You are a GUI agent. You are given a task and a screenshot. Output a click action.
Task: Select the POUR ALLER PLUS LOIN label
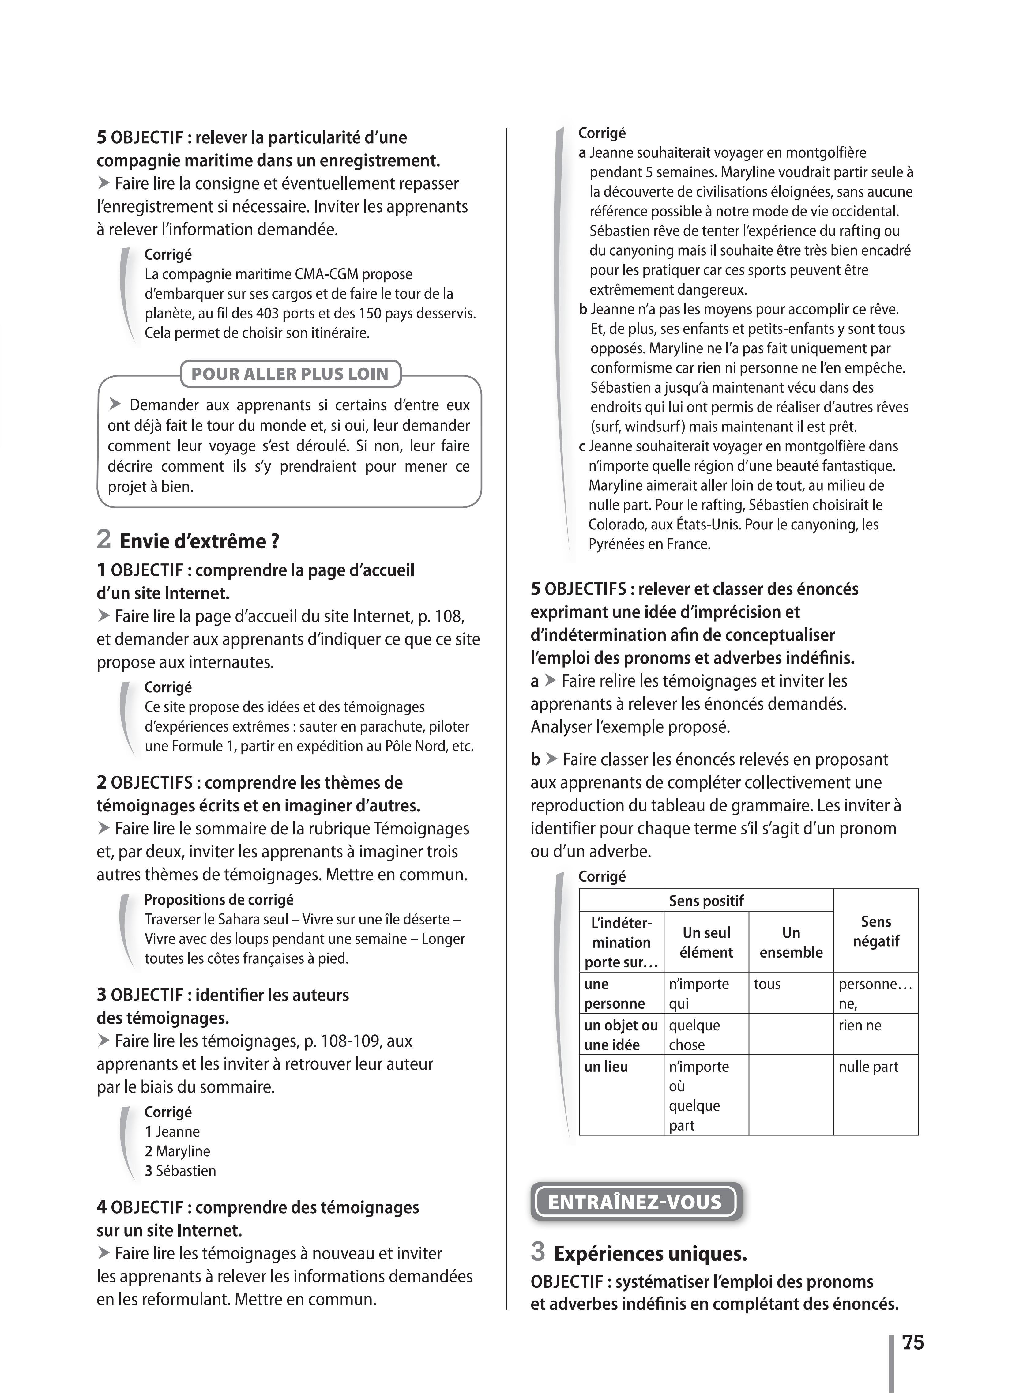coord(290,374)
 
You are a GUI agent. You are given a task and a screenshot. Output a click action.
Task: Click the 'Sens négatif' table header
coord(876,931)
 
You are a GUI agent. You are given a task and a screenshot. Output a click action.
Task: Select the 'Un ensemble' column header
coord(791,942)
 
